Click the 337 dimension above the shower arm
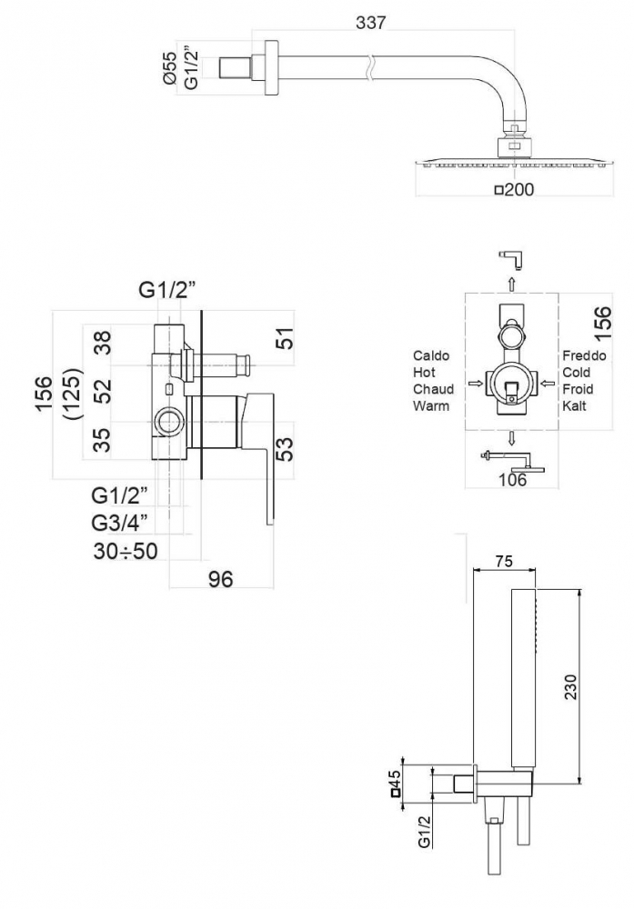[x=370, y=23]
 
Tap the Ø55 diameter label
[x=170, y=68]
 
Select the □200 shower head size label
[x=514, y=189]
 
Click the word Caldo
[x=430, y=355]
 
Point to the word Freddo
[x=584, y=355]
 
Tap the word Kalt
[x=574, y=405]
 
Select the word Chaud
[x=433, y=389]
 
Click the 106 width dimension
[x=512, y=479]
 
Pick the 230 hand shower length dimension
[x=570, y=686]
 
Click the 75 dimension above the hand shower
[x=504, y=561]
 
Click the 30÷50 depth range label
[x=126, y=551]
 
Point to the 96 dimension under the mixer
[x=220, y=578]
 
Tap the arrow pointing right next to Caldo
[x=475, y=383]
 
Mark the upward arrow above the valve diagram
[x=511, y=284]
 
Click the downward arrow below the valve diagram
[x=511, y=438]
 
